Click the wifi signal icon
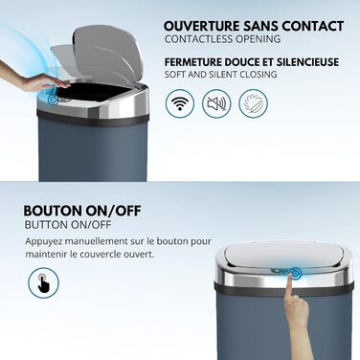[x=180, y=102]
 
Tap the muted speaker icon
[x=216, y=102]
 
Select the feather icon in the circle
[x=254, y=102]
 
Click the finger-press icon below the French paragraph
[x=43, y=282]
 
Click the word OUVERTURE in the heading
[x=201, y=26]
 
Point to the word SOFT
[x=175, y=75]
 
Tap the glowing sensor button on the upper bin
[x=53, y=100]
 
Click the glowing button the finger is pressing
[x=296, y=273]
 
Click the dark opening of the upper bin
[x=93, y=93]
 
